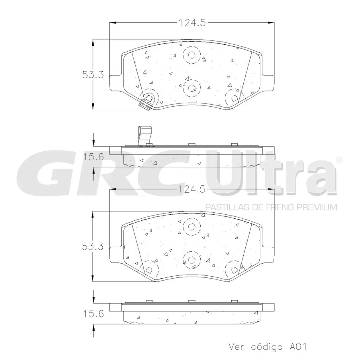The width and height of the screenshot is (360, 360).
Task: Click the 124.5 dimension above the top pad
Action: [192, 23]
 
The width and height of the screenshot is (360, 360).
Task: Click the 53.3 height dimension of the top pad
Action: [93, 75]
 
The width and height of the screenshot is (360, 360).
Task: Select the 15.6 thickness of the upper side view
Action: [94, 157]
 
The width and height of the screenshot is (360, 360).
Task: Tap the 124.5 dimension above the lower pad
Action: [192, 189]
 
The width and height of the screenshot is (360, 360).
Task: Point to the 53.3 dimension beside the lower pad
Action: [92, 247]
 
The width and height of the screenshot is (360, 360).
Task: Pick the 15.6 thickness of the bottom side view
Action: [94, 314]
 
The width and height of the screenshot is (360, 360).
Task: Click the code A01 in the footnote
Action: [298, 347]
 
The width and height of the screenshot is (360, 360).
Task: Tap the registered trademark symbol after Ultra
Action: [339, 160]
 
